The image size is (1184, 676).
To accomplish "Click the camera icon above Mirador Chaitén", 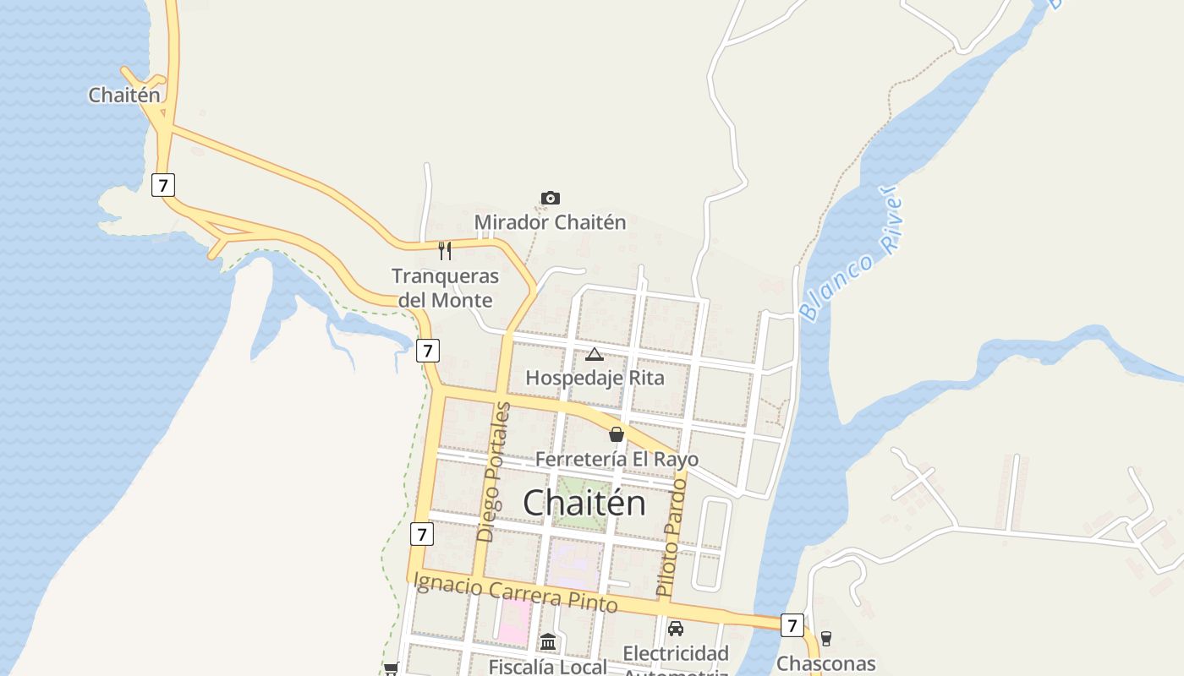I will tap(550, 199).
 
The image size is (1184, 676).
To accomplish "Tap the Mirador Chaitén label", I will tap(550, 222).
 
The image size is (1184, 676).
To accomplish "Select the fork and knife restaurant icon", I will tap(445, 250).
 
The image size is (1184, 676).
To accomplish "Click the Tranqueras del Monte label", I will tap(445, 288).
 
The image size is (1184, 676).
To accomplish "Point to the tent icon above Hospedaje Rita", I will tap(594, 354).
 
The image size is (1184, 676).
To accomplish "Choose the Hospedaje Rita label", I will tap(595, 378).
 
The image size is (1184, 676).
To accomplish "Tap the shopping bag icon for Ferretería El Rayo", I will tap(617, 434).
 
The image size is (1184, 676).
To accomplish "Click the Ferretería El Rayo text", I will tap(617, 460).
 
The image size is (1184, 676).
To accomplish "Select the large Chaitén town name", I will tap(584, 504).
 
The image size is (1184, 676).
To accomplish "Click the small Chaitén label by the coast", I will tap(123, 95).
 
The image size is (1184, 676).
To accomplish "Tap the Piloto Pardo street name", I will tap(672, 538).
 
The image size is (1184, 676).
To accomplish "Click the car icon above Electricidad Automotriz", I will tap(675, 629).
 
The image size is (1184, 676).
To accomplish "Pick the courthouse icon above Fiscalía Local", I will tap(548, 642).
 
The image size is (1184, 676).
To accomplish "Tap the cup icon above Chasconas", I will tap(825, 639).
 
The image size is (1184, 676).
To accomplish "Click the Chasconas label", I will tap(825, 663).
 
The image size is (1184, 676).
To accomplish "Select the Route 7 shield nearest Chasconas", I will tap(791, 625).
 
